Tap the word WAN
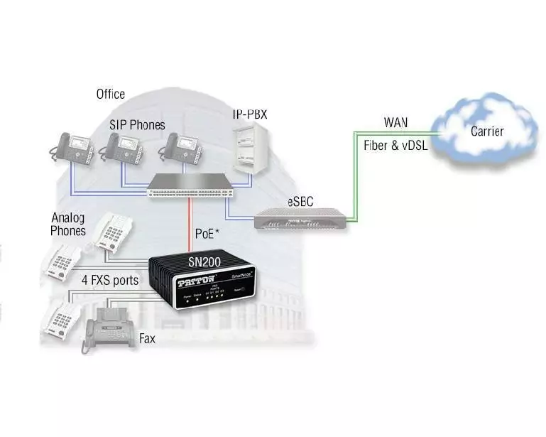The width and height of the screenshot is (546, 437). pos(395,122)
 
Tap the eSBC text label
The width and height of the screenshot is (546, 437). pos(300,202)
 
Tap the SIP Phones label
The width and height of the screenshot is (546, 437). pos(137,125)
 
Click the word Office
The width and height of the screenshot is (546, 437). pos(110,94)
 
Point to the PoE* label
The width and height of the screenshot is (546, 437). pos(207,233)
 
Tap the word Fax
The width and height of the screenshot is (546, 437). pos(147,339)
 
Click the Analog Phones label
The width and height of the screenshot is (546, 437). pos(68,224)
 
